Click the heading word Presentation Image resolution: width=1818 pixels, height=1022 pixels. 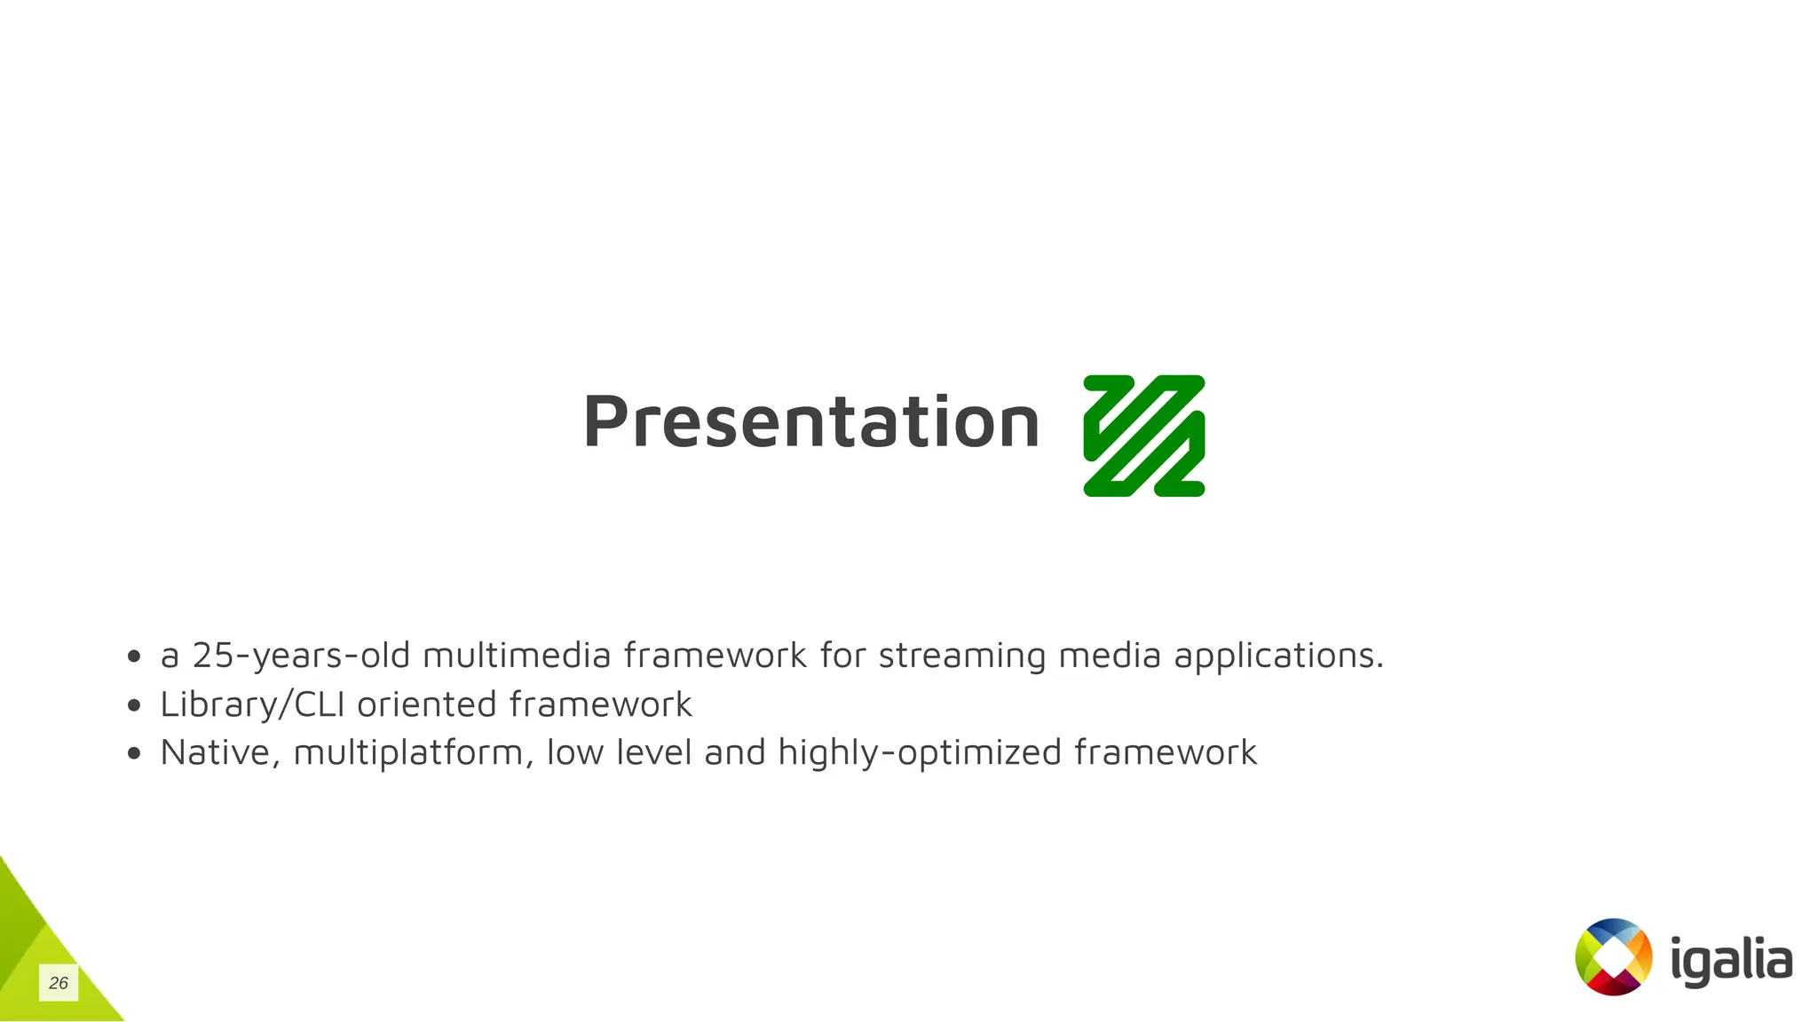[810, 422]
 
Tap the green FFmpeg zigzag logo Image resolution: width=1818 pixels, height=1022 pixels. [1143, 436]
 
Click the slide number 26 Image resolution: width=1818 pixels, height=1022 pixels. [59, 983]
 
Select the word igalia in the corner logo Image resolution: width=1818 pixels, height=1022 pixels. [1730, 961]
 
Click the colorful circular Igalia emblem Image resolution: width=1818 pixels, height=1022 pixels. [1613, 956]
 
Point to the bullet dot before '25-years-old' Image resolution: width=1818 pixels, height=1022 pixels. [134, 656]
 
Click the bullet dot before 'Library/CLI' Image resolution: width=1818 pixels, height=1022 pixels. [134, 705]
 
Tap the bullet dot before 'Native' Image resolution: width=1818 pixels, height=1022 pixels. [134, 753]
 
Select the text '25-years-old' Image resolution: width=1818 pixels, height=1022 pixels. [301, 656]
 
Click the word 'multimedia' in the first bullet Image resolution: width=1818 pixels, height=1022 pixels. [517, 656]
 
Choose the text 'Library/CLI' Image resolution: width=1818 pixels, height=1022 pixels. [252, 704]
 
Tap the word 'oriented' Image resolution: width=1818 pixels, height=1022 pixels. [426, 704]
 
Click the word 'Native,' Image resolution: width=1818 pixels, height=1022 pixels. [220, 752]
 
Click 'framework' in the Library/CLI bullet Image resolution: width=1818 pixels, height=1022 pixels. [600, 704]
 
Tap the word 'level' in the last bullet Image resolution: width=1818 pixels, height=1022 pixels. [654, 752]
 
